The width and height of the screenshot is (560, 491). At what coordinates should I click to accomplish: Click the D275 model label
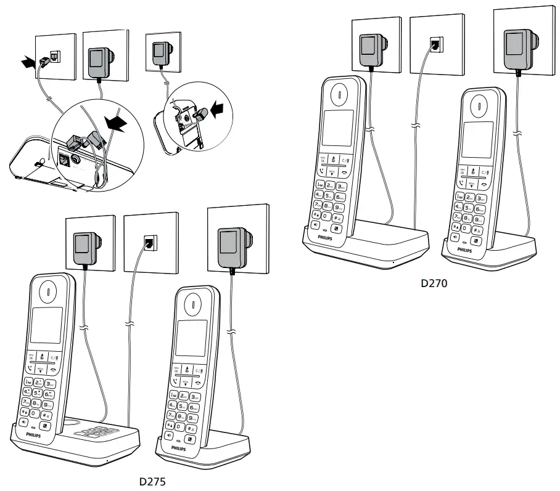pos(152,482)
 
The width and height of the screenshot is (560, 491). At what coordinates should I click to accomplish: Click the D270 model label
pos(434,284)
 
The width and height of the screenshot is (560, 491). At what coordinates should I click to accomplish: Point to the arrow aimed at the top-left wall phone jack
pos(28,62)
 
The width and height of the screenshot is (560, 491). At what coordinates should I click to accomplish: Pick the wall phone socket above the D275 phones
pos(149,242)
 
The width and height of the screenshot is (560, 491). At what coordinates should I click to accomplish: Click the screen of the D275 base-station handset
pos(46,325)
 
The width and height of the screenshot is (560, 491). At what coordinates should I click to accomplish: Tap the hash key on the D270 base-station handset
pos(339,217)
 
